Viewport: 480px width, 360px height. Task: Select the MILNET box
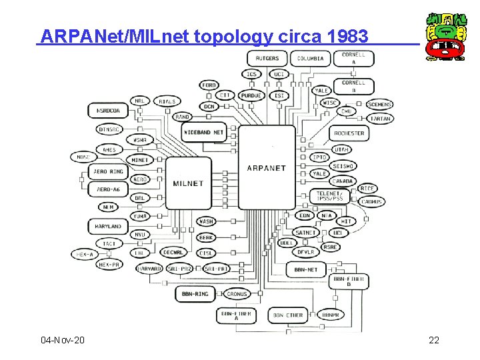[x=188, y=183]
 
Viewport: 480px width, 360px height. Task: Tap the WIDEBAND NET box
[x=204, y=132]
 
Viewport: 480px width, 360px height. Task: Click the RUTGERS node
[x=267, y=58]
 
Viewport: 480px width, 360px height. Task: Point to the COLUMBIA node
[x=310, y=58]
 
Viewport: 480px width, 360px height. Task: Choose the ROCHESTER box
[x=349, y=133]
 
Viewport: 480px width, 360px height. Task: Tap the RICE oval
[x=368, y=189]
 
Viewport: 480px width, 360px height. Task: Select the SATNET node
[x=307, y=233]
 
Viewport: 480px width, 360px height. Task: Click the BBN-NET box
[x=307, y=269]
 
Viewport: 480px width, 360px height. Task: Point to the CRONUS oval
[x=237, y=294]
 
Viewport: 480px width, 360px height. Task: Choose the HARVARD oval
[x=149, y=269]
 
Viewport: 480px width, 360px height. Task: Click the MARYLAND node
[x=107, y=227]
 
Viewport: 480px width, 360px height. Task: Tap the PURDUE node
[x=251, y=95]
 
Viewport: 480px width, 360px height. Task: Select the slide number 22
[x=434, y=341]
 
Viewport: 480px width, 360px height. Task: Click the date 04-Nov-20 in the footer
[x=63, y=341]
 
